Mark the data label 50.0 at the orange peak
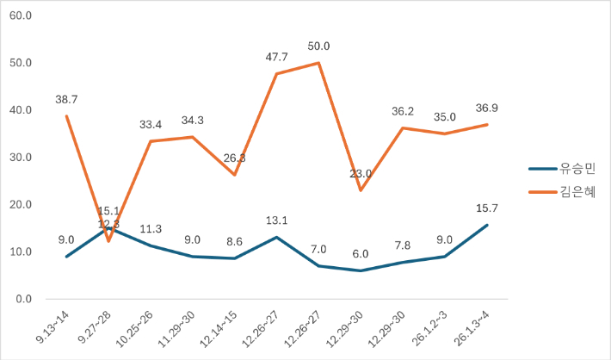click(319, 47)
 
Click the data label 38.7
click(66, 100)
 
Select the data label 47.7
click(277, 57)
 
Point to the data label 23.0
click(361, 174)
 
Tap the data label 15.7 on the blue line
click(488, 208)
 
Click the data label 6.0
click(361, 254)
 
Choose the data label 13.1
click(277, 220)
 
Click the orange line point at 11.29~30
click(193, 137)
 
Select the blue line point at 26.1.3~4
click(488, 225)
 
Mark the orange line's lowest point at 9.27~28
click(108, 241)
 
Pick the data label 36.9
click(488, 108)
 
